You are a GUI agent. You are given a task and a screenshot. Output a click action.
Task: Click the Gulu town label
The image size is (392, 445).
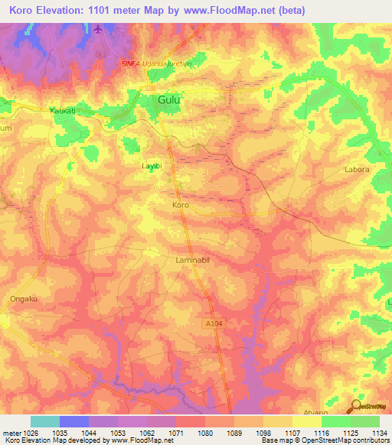pyautogui.click(x=170, y=99)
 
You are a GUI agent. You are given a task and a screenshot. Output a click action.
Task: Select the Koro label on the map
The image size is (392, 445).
pyautogui.click(x=180, y=206)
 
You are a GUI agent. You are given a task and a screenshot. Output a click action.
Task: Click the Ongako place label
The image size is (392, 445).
pyautogui.click(x=23, y=299)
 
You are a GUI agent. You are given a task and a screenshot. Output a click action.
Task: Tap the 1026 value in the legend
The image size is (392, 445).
pyautogui.click(x=24, y=432)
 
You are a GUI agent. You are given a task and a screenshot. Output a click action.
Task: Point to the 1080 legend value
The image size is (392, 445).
pyautogui.click(x=204, y=432)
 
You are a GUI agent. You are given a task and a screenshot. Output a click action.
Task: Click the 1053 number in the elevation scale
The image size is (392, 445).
pyautogui.click(x=116, y=432)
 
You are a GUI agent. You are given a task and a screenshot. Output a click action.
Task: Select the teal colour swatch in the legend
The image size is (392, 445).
pyautogui.click(x=45, y=421)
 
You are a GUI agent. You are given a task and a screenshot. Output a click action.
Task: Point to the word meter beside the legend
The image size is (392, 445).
pyautogui.click(x=11, y=432)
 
